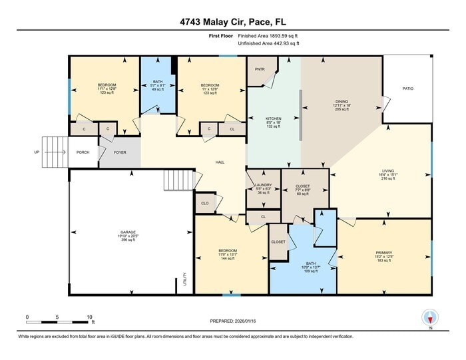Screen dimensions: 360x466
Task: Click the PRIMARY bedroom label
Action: tap(385, 253)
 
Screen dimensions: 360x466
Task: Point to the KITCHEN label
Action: tap(273, 118)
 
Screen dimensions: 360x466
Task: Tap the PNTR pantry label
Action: tap(259, 69)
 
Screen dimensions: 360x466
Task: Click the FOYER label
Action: tap(120, 152)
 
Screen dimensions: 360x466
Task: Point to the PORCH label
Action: tap(83, 152)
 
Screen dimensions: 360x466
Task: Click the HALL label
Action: tap(219, 162)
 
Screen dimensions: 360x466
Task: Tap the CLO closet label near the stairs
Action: tap(205, 203)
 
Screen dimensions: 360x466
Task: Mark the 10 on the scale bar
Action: tap(89, 317)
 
